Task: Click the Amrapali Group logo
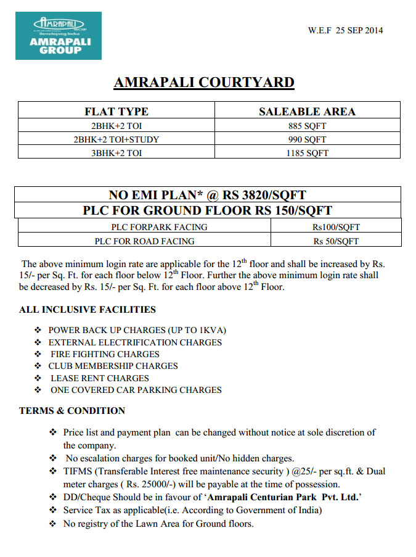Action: coord(59,36)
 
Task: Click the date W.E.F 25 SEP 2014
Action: coord(345,31)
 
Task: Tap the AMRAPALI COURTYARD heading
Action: coord(204,83)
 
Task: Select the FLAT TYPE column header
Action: coord(116,112)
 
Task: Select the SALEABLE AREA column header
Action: coord(307,112)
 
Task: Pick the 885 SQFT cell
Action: coord(307,126)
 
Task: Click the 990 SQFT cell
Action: coord(307,139)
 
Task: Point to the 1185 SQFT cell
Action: coord(307,153)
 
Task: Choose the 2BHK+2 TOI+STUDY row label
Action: coord(116,139)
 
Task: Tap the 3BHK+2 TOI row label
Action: coord(116,153)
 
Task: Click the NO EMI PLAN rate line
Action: coord(208,195)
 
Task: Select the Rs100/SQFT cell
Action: coord(336,226)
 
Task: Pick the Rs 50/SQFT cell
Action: coord(336,241)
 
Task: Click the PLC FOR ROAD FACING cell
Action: coord(144,241)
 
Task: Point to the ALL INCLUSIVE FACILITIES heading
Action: coord(88,310)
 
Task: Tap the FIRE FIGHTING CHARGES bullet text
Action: coord(105,354)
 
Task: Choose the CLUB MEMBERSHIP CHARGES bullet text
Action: coord(113,366)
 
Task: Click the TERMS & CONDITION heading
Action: coord(72,411)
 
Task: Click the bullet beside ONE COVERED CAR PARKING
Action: coord(38,390)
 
